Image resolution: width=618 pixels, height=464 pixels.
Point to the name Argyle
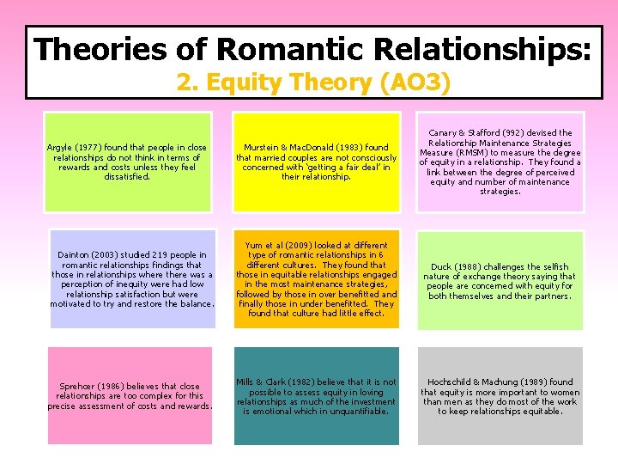coord(60,148)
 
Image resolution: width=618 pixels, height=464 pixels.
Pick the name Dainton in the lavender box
coord(76,255)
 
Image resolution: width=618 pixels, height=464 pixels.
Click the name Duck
coord(441,267)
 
